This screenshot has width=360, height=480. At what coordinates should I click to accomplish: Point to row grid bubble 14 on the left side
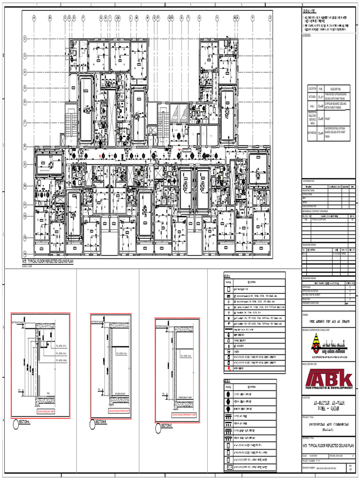pos(25,239)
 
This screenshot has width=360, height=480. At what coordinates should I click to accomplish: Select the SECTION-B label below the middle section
pos(100,422)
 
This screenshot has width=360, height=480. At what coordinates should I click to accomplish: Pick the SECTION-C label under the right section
pos(166,426)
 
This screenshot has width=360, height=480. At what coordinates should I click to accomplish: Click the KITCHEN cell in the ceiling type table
pos(312,97)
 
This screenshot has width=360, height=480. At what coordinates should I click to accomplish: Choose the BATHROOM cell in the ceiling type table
pos(312,133)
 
